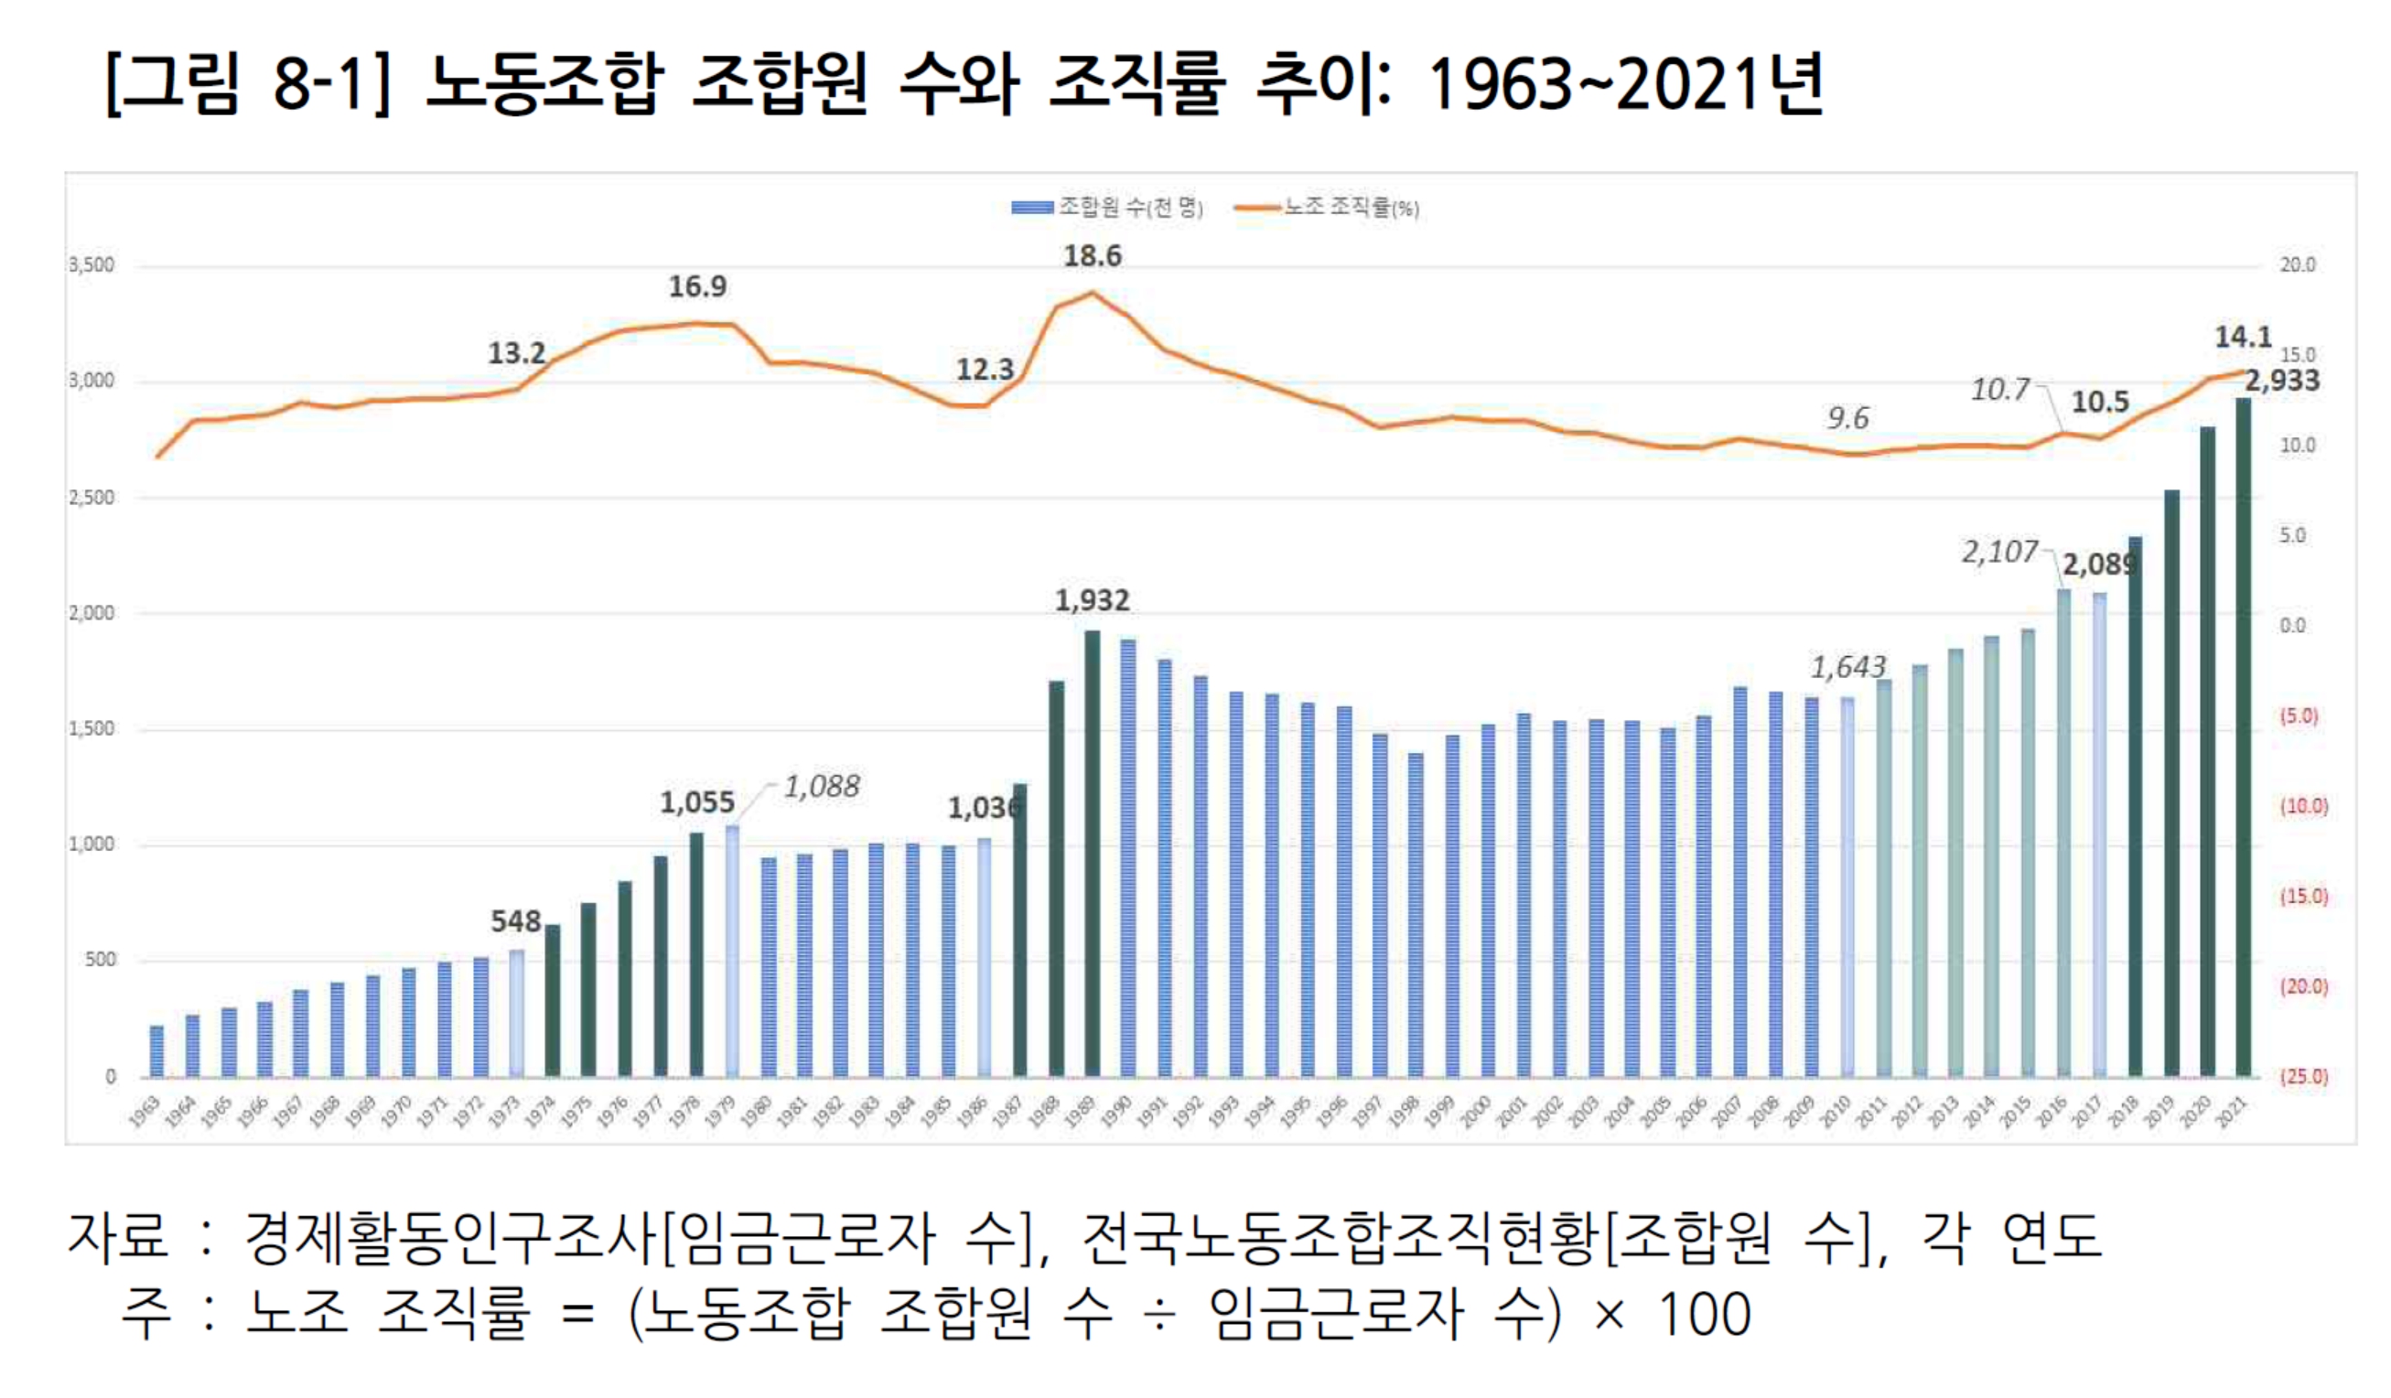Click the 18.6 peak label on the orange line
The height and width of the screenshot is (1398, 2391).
click(x=1092, y=256)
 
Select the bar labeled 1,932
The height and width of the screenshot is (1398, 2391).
click(x=1092, y=854)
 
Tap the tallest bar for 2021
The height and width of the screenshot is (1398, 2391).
click(x=2243, y=740)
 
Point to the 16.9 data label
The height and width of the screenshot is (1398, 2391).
click(x=697, y=286)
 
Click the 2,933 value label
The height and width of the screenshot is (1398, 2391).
click(x=2281, y=382)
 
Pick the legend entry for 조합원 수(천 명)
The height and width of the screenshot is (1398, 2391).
click(x=1107, y=208)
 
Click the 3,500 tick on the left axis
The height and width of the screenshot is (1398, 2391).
click(x=92, y=265)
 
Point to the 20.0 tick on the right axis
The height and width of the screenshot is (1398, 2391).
click(x=2297, y=265)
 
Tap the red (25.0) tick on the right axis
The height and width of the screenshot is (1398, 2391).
click(x=2304, y=1077)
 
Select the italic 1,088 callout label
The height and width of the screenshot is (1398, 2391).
click(x=822, y=786)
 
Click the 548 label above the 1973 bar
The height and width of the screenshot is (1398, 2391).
click(x=515, y=921)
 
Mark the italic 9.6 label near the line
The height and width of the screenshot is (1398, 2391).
click(x=1847, y=418)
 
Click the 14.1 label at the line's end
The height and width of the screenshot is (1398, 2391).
click(x=2242, y=338)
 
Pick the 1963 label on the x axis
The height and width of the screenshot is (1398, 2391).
click(x=145, y=1112)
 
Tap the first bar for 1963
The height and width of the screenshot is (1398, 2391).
click(x=156, y=1051)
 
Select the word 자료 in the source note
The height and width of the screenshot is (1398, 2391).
click(x=117, y=1237)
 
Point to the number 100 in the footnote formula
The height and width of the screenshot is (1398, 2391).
click(x=1704, y=1315)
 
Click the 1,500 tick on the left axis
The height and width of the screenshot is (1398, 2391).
click(x=92, y=729)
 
